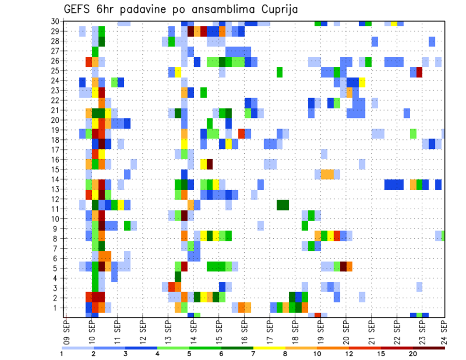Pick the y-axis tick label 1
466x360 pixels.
[x=56, y=308]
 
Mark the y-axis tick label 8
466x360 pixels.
[x=56, y=239]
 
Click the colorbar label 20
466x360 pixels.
[x=413, y=354]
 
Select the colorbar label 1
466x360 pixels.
[x=62, y=354]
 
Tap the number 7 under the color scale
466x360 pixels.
[x=253, y=354]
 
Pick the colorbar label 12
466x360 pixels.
[x=349, y=354]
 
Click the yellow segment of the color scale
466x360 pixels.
[x=269, y=348]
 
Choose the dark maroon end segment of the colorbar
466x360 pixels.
[x=429, y=348]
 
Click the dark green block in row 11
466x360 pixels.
[x=283, y=205]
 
